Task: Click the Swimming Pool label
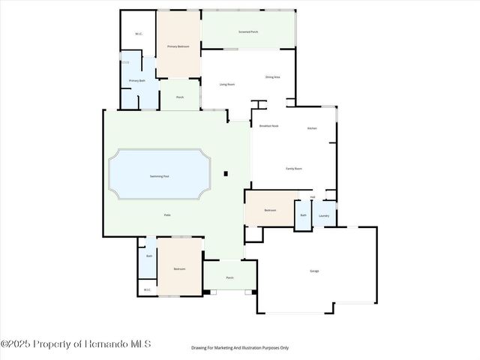coord(160,176)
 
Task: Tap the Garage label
coord(314,271)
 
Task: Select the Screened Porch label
coord(248,32)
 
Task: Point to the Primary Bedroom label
coord(178,46)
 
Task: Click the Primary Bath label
coord(136,80)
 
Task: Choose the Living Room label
coord(227,84)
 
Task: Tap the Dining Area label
coord(273,76)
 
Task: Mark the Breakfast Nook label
coord(268,126)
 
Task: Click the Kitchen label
coord(312,128)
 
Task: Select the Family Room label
coord(294,169)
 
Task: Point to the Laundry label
coord(324,216)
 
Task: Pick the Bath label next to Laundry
coord(303,215)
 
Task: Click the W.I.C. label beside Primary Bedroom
coord(139,34)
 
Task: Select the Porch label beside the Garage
coord(230,278)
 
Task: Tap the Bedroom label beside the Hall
coord(270,210)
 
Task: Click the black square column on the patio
coord(225,175)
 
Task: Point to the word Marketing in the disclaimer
coord(223,348)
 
